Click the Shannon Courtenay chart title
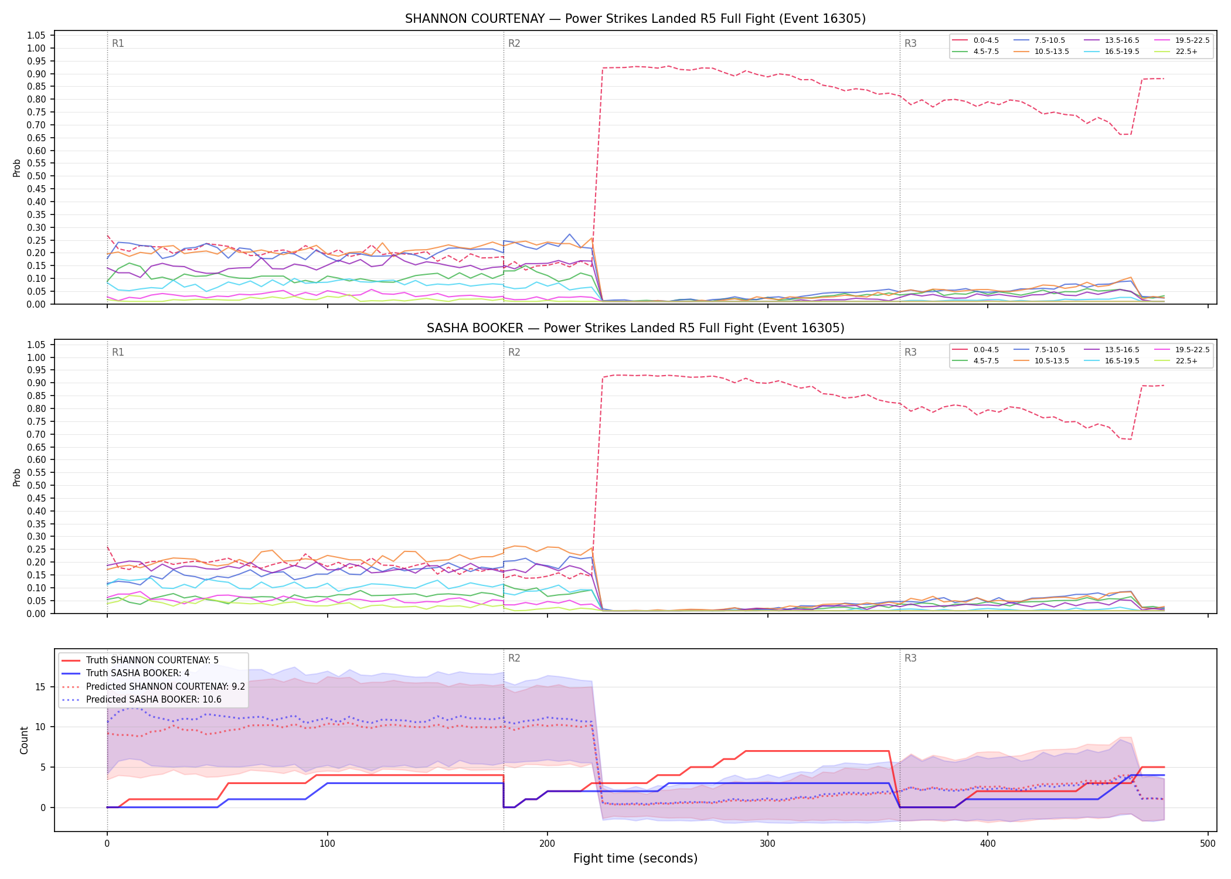pos(635,19)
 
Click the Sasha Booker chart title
pos(635,328)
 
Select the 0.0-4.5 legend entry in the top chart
pos(975,40)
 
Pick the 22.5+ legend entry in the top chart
pos(1175,52)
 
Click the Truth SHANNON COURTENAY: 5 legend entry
pos(140,660)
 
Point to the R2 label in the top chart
pos(514,43)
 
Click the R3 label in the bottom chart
pos(910,658)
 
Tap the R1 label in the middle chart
pos(118,352)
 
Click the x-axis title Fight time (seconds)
pos(635,858)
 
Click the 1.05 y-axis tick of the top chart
pos(36,36)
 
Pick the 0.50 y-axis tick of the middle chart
pos(36,485)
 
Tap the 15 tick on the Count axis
pos(40,687)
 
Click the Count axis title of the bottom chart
pos(24,740)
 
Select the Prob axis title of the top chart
pos(17,168)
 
